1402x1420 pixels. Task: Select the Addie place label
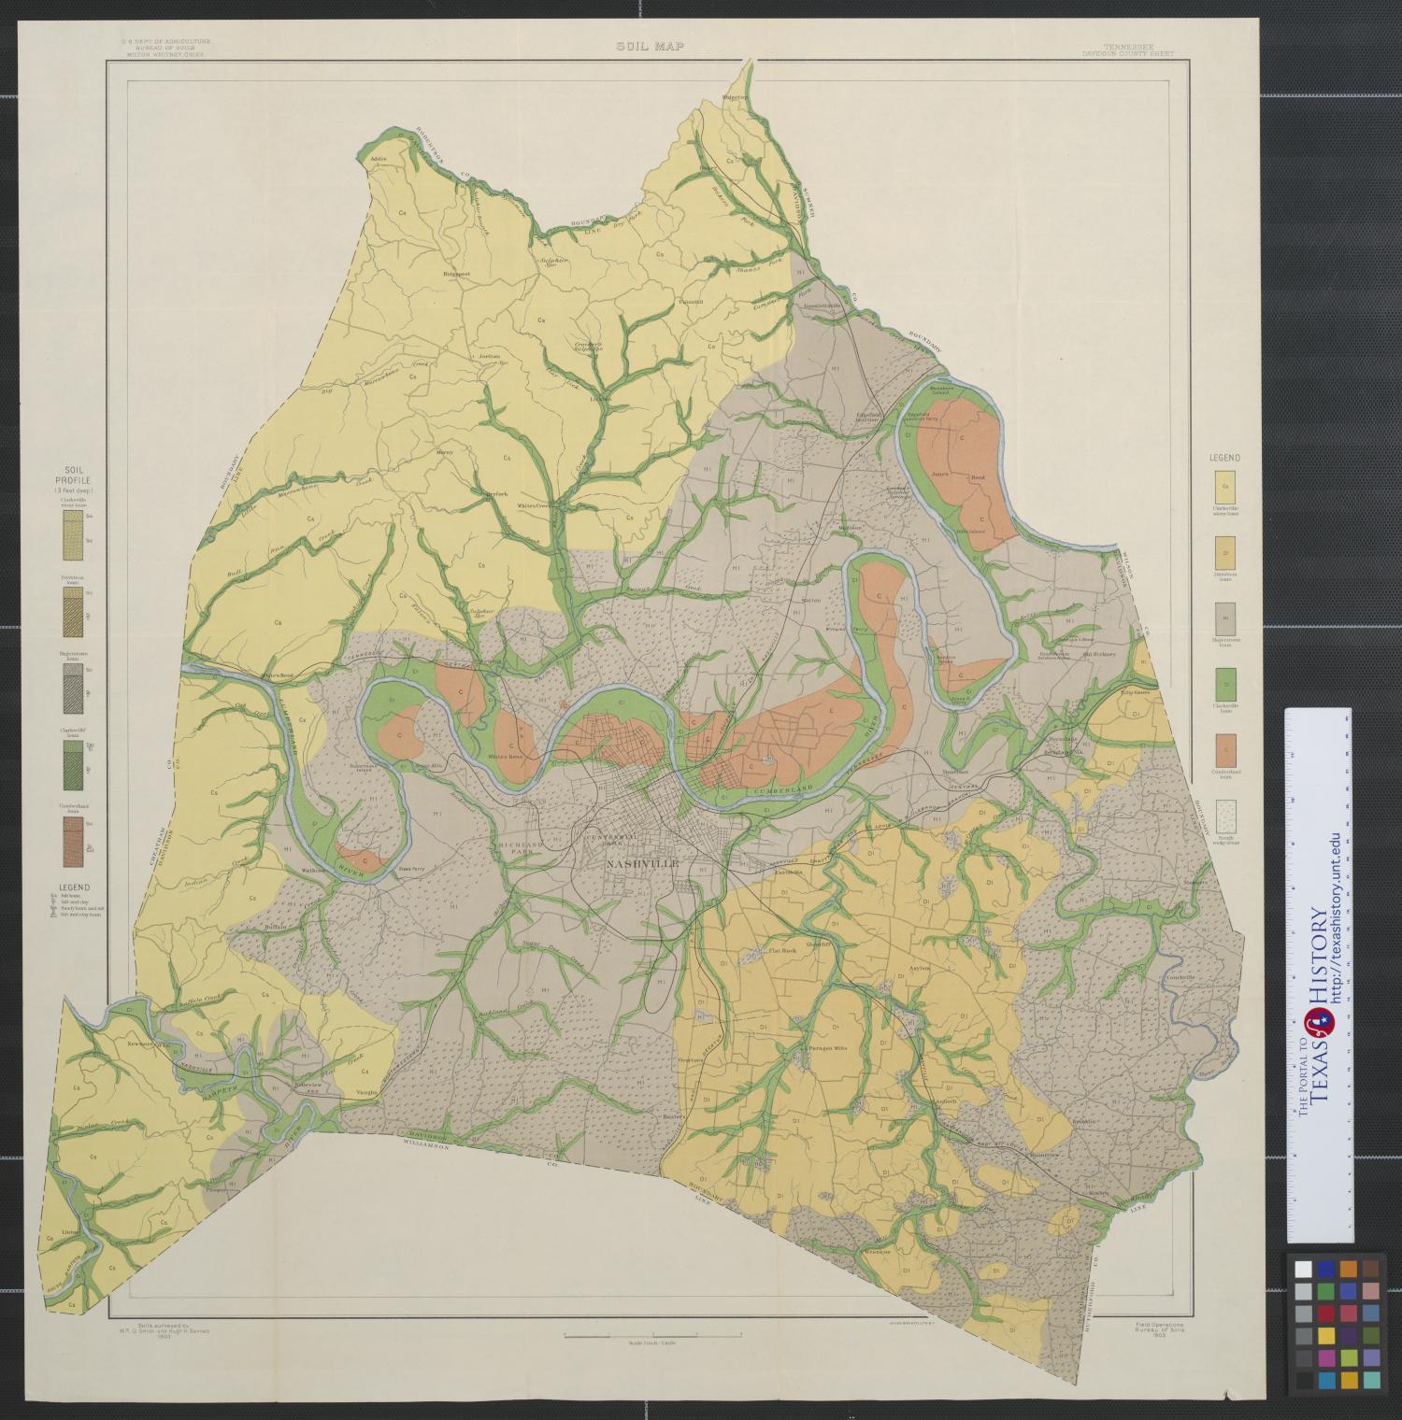tap(379, 159)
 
